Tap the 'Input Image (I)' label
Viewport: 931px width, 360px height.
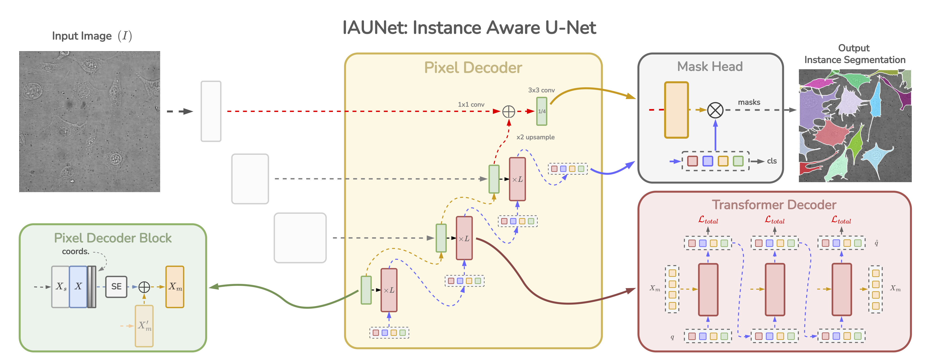coord(92,36)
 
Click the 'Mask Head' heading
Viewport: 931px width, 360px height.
coord(710,67)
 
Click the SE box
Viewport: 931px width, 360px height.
coord(116,287)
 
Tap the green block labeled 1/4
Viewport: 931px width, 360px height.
coord(541,111)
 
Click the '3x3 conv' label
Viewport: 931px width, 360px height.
coord(541,90)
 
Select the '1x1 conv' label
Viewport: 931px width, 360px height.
coord(471,105)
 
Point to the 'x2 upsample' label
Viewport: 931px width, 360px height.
coord(535,137)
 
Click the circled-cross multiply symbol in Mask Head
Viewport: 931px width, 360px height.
coord(715,110)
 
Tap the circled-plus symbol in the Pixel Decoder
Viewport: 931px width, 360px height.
coord(508,112)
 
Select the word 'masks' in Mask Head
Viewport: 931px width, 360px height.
coord(749,102)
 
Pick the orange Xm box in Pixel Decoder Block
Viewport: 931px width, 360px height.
coord(175,287)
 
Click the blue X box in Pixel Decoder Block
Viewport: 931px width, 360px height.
coord(78,287)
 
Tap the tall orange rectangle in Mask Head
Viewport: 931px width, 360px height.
coord(676,110)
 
